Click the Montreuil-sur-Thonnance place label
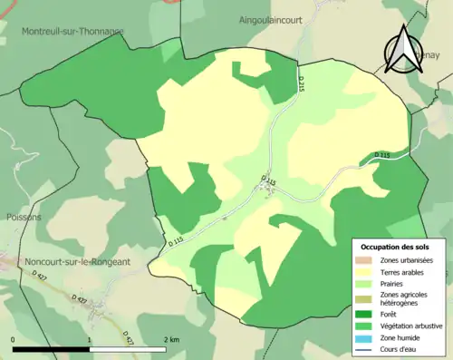[x=72, y=31]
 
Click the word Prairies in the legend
[x=391, y=283]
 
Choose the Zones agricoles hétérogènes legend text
[x=404, y=298]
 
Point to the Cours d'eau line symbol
[x=364, y=348]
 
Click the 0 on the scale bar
[x=14, y=339]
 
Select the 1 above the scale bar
[x=89, y=339]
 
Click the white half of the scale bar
[x=127, y=349]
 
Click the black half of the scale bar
[x=51, y=349]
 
